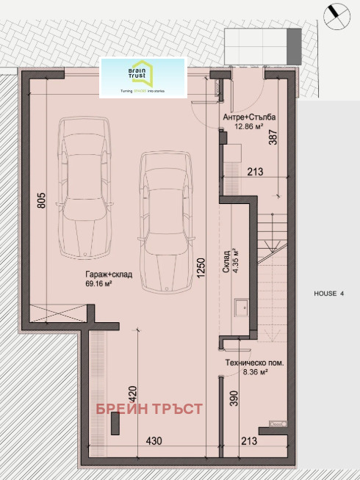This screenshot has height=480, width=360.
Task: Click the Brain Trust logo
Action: [x=142, y=77]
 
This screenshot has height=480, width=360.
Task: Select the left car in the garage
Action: [x=86, y=188]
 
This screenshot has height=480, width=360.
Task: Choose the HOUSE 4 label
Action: [x=328, y=294]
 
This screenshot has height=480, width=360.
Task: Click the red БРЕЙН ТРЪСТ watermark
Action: [x=148, y=408]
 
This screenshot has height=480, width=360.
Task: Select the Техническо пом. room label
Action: [x=255, y=363]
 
